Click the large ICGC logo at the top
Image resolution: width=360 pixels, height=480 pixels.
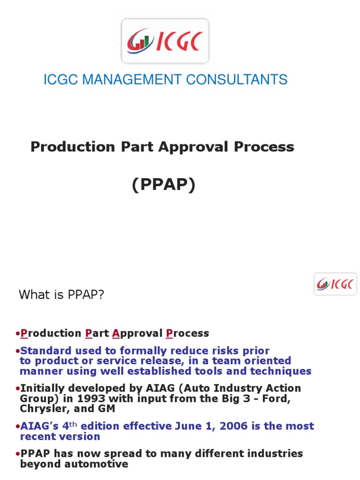(165, 41)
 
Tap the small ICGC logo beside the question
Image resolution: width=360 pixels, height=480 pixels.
(335, 284)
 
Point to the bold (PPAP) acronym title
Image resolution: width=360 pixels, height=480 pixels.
(163, 185)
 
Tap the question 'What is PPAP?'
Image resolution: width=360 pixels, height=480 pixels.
(61, 295)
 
